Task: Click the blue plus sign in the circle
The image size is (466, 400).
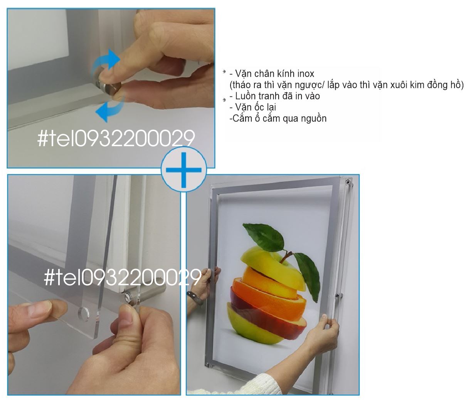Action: coord(183,170)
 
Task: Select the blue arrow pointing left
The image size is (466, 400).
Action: coord(110,108)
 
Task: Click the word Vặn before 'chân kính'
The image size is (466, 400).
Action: coord(244,74)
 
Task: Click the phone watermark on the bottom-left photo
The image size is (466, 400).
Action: coord(123,277)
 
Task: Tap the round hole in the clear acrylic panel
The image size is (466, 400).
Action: coord(83,313)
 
